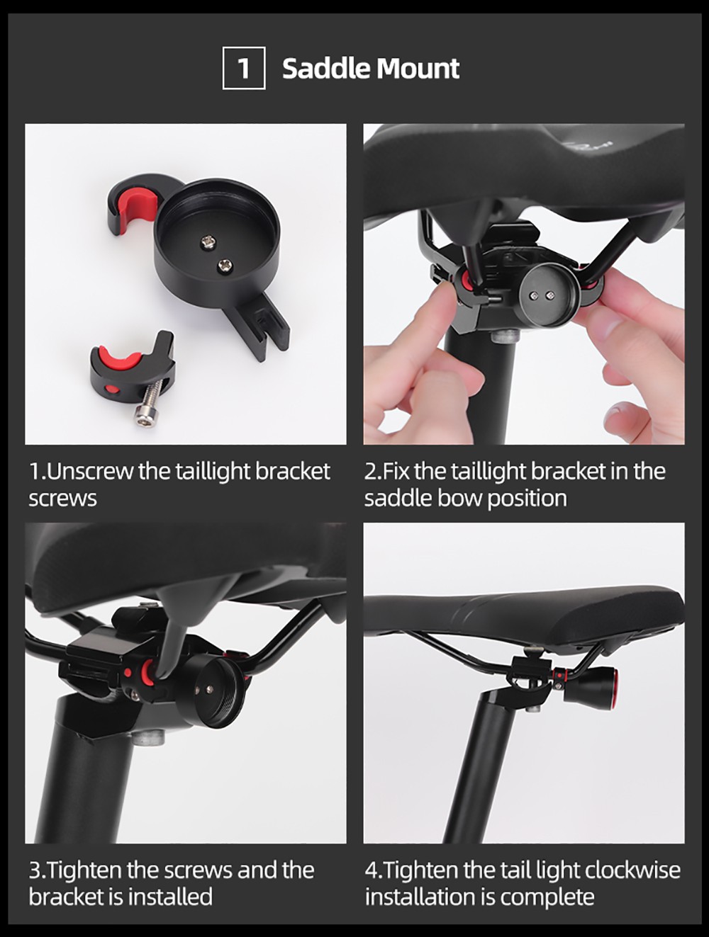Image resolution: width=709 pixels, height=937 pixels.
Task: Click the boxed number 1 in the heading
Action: click(244, 68)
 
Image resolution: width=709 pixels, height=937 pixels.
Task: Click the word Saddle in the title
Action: click(325, 69)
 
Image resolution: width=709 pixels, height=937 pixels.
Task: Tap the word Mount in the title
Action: click(418, 69)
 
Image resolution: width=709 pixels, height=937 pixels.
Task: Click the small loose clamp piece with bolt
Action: click(131, 372)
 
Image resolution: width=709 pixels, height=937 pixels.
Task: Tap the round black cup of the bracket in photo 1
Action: click(217, 237)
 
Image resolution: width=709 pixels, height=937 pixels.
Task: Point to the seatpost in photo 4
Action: click(475, 765)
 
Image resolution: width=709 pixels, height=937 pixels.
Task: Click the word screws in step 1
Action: click(62, 498)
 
